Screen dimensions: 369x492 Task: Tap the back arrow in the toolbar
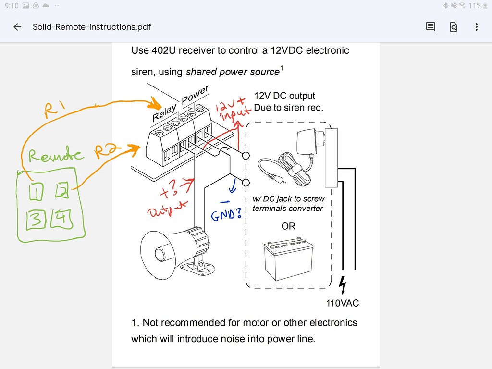coord(17,27)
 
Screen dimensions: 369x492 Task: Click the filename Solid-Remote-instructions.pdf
coord(91,27)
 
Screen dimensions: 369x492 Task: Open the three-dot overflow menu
coord(476,27)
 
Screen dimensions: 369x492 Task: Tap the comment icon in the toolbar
coord(430,27)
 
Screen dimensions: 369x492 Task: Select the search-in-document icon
coord(453,27)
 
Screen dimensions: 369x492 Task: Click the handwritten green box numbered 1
coord(36,192)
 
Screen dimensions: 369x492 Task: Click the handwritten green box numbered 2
coord(62,191)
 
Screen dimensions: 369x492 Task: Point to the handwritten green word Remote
coord(55,155)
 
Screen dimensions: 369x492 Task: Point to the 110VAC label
coord(342,303)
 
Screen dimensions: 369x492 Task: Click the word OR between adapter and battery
coord(288,226)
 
